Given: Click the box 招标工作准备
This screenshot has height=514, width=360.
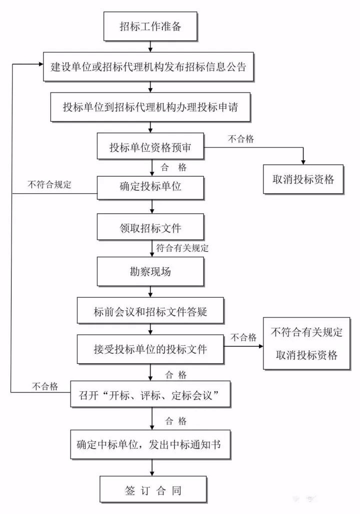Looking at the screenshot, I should pyautogui.click(x=150, y=27).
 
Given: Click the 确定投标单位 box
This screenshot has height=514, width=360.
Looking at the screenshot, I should pyautogui.click(x=150, y=187).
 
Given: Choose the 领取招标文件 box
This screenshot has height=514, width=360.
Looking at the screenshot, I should pyautogui.click(x=150, y=228).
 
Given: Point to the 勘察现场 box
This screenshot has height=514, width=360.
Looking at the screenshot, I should pyautogui.click(x=150, y=272).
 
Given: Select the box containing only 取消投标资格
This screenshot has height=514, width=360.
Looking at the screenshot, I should pyautogui.click(x=303, y=179).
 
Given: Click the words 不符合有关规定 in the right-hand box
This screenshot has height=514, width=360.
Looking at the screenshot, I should pyautogui.click(x=306, y=332).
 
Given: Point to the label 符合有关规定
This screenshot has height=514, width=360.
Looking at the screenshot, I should pyautogui.click(x=182, y=248).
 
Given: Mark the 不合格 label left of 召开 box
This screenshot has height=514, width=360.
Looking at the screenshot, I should pyautogui.click(x=45, y=386).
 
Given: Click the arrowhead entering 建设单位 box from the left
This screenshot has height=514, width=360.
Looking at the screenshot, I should pyautogui.click(x=39, y=64).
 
